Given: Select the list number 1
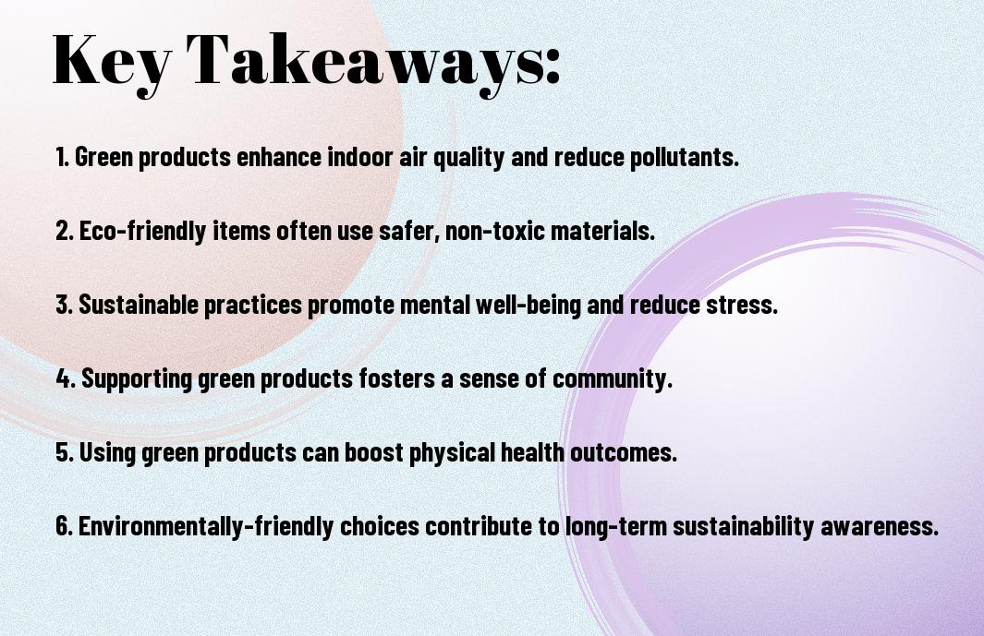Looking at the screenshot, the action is pos(61,157).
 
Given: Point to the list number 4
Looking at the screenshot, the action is pos(66,378).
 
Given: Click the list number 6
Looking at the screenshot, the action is pos(64,525).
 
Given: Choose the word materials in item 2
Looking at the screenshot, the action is pos(602,231).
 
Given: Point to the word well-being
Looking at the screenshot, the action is pos(528,306).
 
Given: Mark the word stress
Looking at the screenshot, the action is pos(742,305).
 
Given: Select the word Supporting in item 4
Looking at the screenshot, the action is pos(137,379).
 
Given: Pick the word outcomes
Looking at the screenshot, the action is pos(623,452).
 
